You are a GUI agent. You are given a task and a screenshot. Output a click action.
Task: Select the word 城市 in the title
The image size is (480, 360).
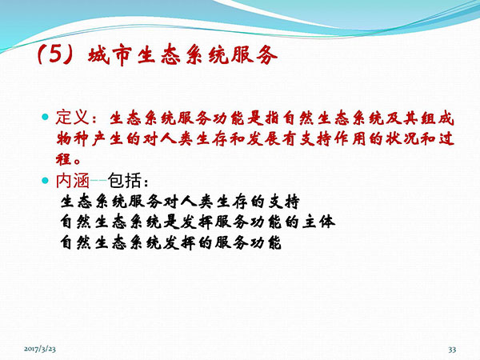click(x=110, y=56)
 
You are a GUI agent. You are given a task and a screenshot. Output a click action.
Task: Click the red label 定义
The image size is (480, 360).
click(x=72, y=118)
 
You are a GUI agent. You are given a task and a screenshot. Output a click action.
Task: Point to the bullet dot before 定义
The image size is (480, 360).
click(x=46, y=117)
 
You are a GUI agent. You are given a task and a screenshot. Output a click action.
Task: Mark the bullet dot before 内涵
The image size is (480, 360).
click(x=46, y=180)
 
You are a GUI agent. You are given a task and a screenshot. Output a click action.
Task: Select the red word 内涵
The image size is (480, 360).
click(x=72, y=181)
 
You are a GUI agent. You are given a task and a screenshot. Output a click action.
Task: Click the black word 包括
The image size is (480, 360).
click(x=125, y=181)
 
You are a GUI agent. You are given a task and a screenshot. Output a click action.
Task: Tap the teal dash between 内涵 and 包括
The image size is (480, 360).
click(x=98, y=181)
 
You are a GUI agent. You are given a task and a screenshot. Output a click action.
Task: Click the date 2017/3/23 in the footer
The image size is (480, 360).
click(x=40, y=349)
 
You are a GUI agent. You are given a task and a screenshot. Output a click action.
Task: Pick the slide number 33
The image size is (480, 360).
click(x=452, y=350)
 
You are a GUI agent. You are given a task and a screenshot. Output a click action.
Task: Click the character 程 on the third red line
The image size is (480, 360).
click(x=64, y=159)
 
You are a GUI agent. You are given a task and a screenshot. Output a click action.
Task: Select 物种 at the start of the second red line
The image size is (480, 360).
click(x=72, y=139)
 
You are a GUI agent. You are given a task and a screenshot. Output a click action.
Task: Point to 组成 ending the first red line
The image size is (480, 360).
click(x=437, y=118)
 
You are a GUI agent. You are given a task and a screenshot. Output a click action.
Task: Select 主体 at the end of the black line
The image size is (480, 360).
click(x=318, y=222)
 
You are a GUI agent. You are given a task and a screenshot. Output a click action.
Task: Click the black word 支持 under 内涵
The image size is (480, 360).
click(x=284, y=202)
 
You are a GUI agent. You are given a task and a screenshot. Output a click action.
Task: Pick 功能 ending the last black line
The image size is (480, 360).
click(x=266, y=242)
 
